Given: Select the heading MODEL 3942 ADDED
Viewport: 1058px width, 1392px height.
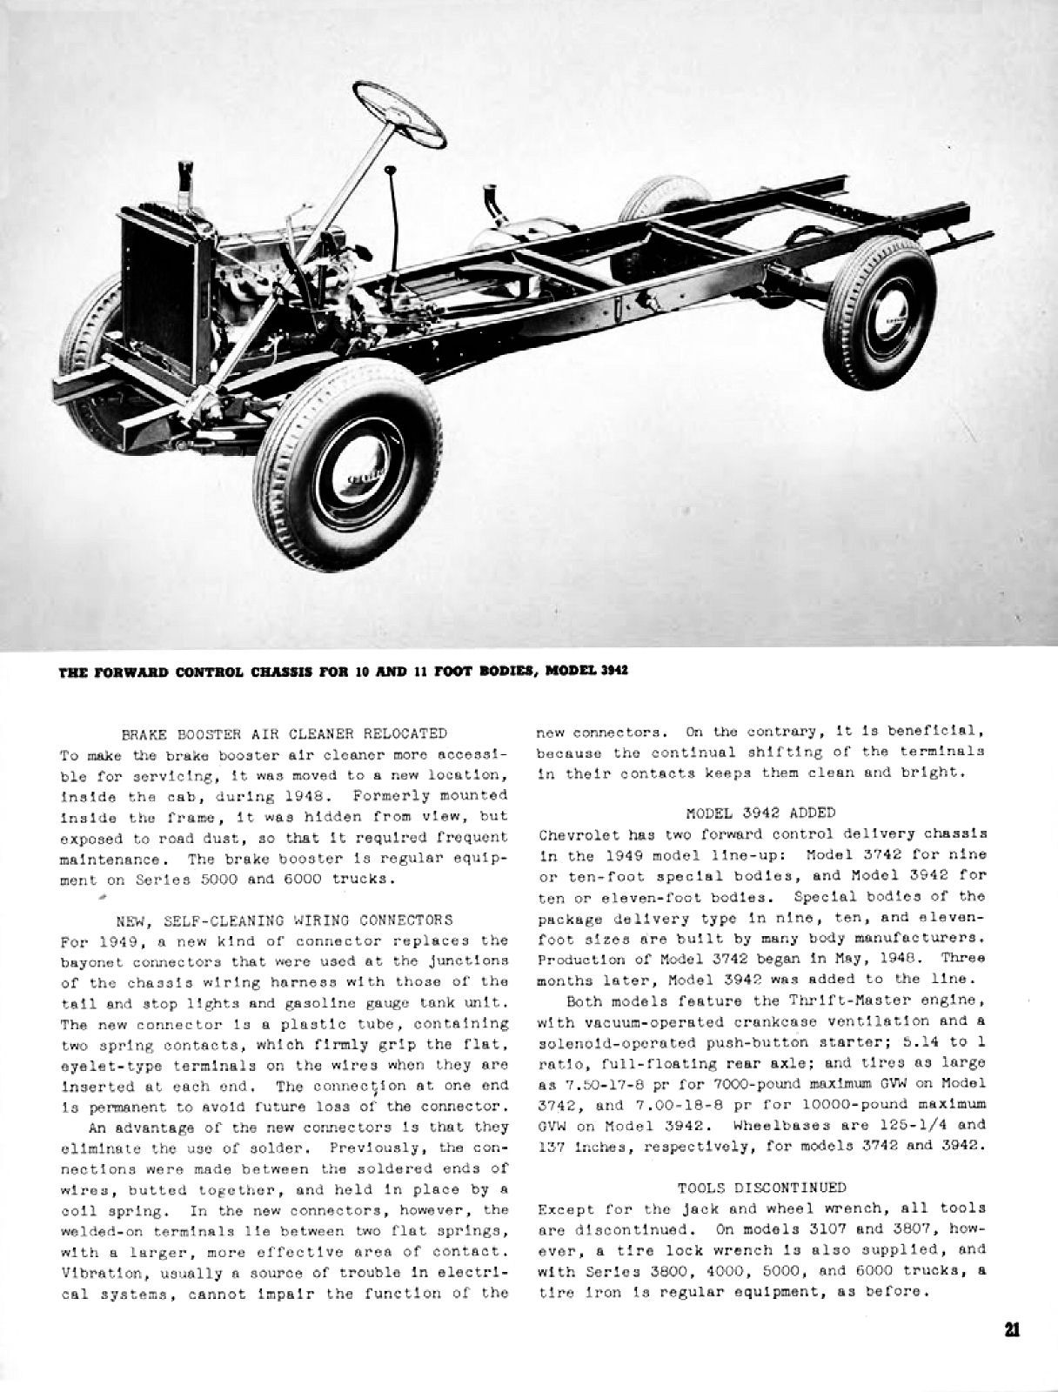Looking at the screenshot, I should pos(760,813).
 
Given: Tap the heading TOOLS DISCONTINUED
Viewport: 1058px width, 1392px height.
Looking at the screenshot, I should pos(761,1188).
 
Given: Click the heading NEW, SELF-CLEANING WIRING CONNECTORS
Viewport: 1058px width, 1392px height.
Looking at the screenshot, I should pos(285,920).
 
